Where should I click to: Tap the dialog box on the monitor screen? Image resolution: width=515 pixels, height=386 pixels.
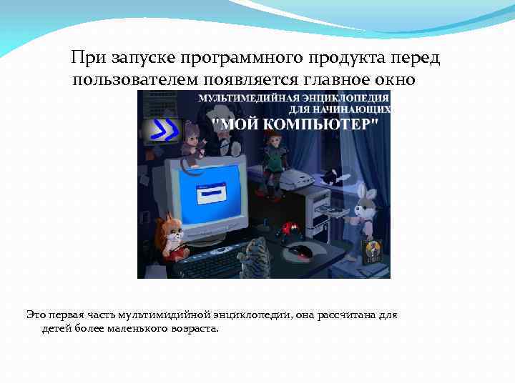pos(210,194)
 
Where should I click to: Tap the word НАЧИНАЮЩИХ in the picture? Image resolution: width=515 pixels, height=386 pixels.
pos(357,109)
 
